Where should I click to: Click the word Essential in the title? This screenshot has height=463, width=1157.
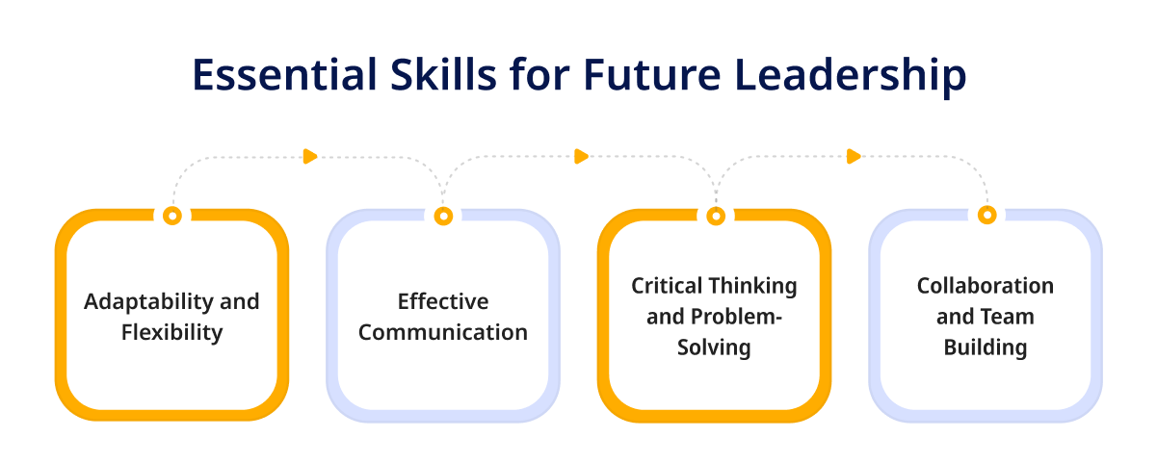pos(284,75)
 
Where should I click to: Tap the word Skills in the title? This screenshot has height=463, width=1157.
pos(443,74)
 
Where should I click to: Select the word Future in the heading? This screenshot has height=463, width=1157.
pos(652,75)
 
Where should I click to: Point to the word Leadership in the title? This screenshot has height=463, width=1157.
pos(851,77)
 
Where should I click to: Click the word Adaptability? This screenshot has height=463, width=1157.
pos(148,302)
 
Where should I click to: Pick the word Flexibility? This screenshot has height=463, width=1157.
pos(172,332)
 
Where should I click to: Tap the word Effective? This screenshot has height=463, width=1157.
pos(443,302)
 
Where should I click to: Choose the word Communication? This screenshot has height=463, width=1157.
pos(443,333)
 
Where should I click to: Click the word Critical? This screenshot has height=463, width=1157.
pos(667,286)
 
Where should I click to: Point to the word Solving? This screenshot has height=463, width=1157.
pos(715,348)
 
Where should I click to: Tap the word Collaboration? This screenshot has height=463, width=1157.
pos(986,286)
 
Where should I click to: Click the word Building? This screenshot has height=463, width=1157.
pos(986,348)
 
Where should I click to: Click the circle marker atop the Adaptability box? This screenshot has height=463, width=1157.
pos(172,216)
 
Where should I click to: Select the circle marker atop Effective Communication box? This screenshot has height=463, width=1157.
pos(443,216)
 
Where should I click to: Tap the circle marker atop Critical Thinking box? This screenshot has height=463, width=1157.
pos(716,216)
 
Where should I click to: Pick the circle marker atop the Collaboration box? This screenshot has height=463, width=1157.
pos(987,215)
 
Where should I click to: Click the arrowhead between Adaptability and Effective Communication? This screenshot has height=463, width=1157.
pos(310,156)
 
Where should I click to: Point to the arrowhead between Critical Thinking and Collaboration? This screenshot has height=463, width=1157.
pos(854,156)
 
